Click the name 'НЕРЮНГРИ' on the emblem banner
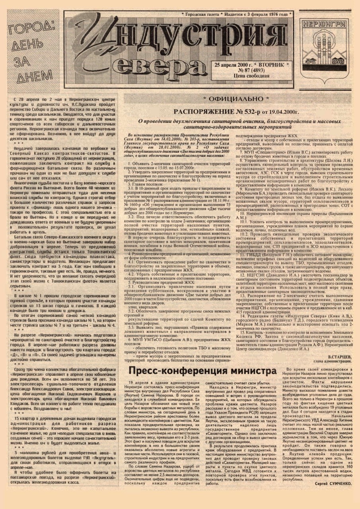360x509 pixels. (324, 23)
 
